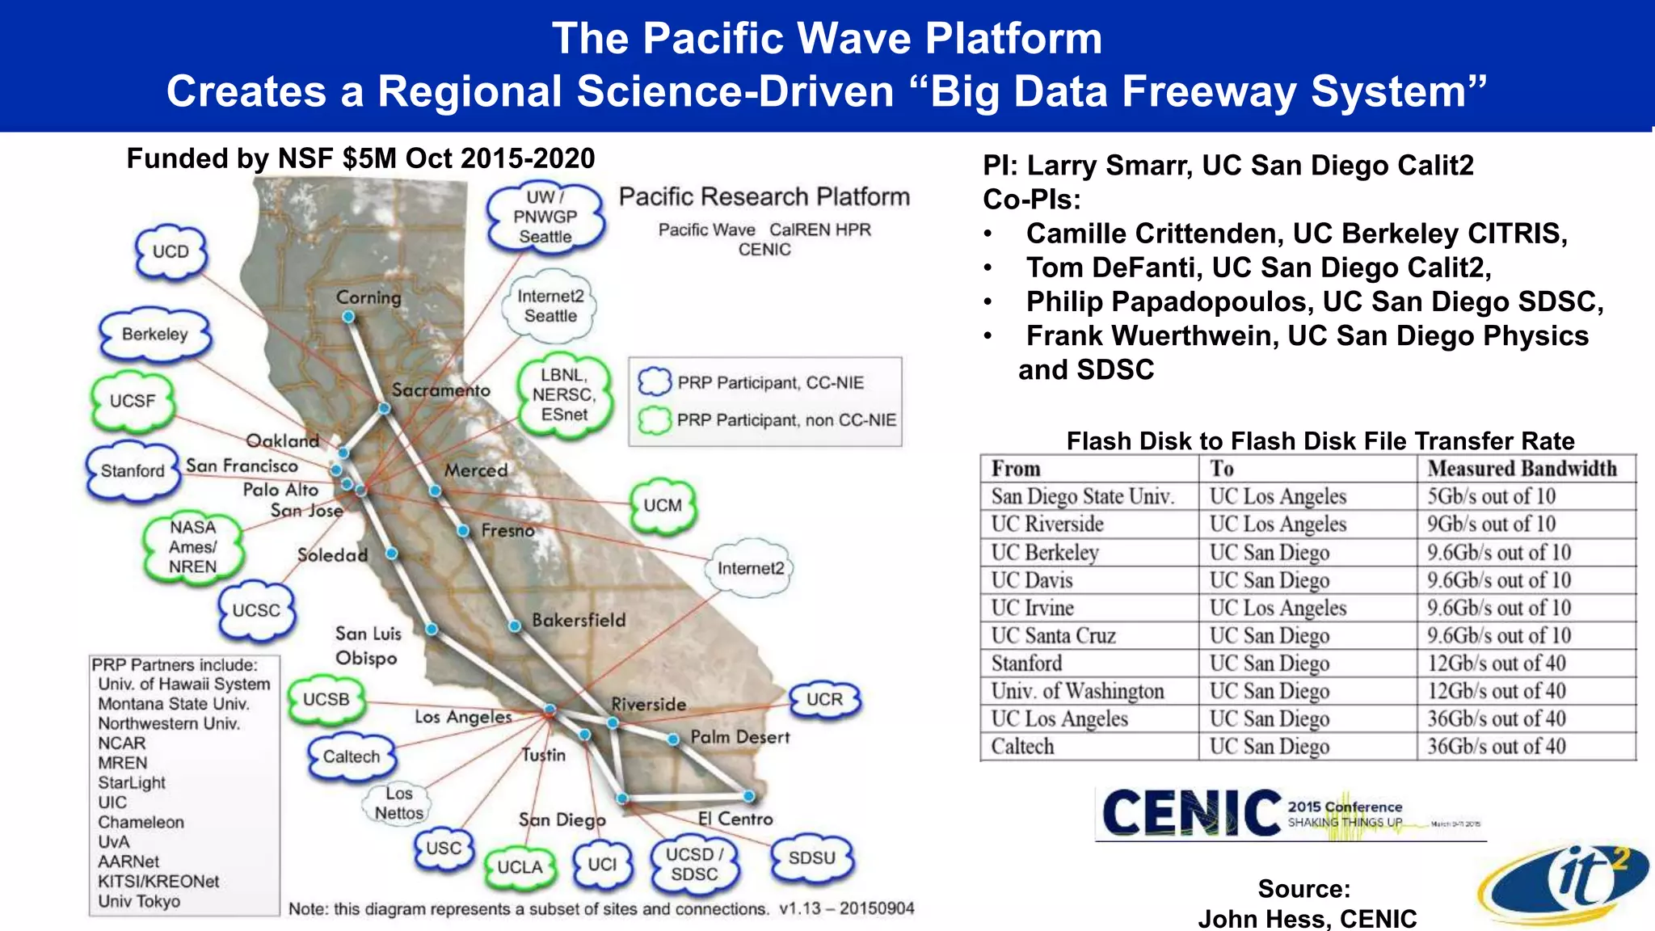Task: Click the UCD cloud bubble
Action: click(x=171, y=252)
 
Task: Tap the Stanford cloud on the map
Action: click(x=133, y=470)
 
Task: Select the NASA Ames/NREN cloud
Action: click(x=193, y=547)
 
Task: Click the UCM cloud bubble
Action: click(x=663, y=506)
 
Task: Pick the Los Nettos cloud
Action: click(x=398, y=803)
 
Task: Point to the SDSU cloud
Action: click(x=811, y=857)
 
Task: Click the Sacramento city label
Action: click(x=440, y=390)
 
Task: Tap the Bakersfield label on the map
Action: click(x=579, y=620)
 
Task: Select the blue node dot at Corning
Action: click(x=348, y=317)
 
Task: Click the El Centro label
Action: click(x=735, y=819)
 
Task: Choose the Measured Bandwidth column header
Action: click(x=1522, y=469)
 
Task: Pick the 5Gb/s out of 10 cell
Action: click(x=1491, y=496)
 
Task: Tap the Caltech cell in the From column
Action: click(x=1022, y=746)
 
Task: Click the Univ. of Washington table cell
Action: click(x=1077, y=691)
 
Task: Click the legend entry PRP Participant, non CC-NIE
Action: click(x=786, y=420)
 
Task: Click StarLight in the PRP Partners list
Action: click(x=132, y=782)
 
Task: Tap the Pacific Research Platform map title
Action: click(x=764, y=196)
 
